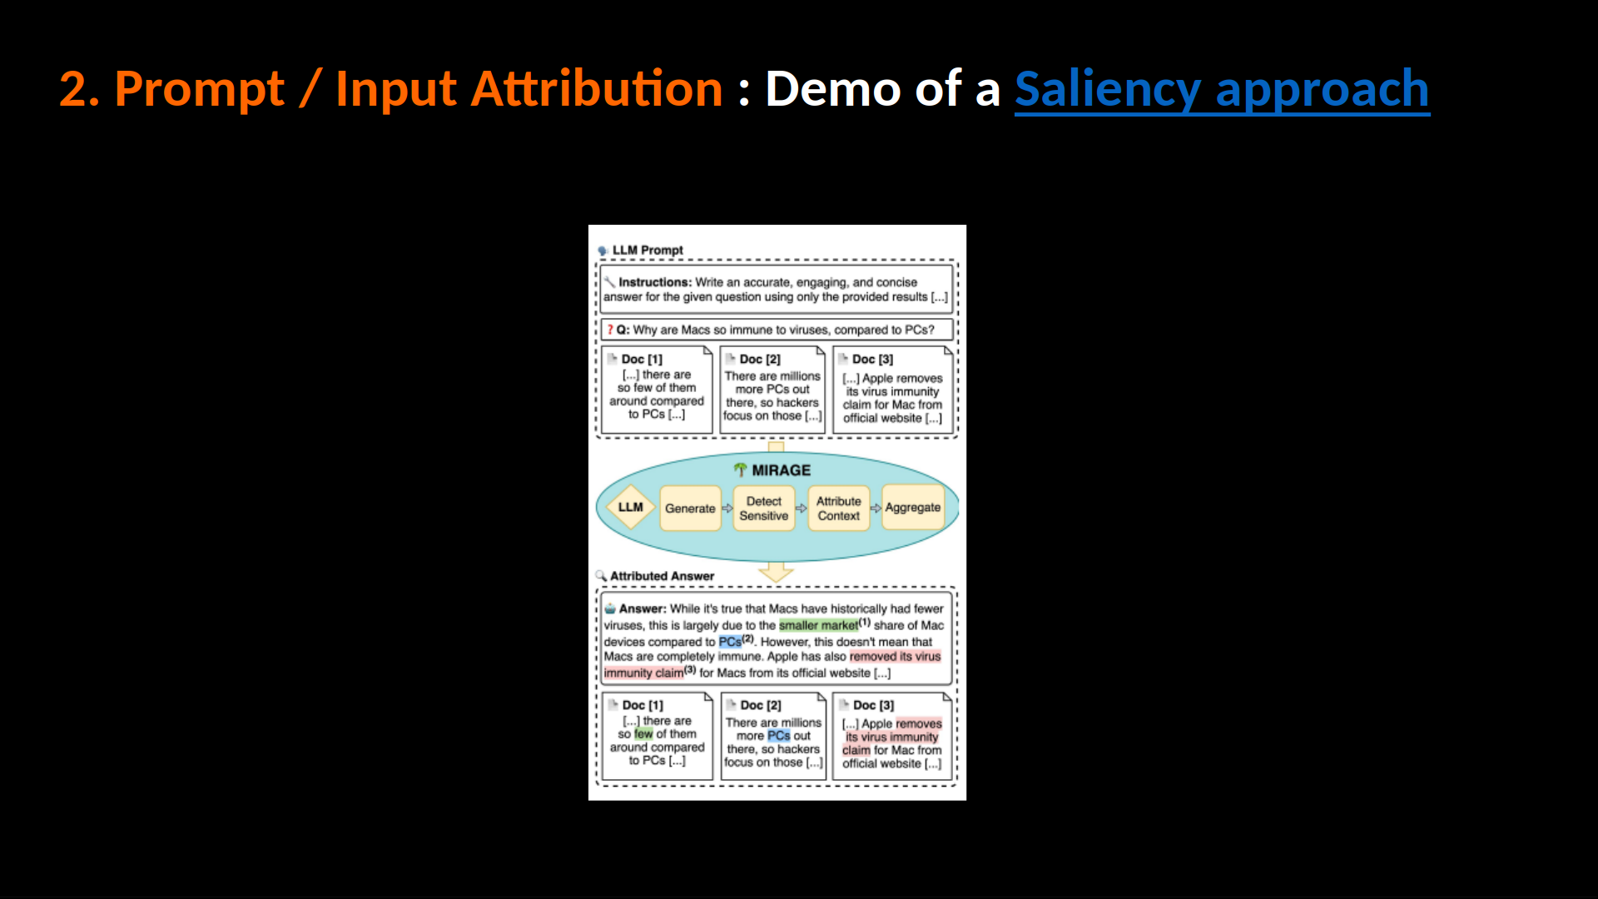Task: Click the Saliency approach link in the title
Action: click(x=1222, y=89)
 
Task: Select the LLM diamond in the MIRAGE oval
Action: click(x=631, y=507)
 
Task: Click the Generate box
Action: click(x=690, y=508)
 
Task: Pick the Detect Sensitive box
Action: click(x=764, y=508)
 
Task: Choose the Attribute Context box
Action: click(x=838, y=508)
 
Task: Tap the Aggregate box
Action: click(x=913, y=507)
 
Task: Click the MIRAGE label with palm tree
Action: click(x=772, y=470)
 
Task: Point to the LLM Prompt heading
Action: click(x=640, y=250)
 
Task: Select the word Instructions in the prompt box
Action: click(x=654, y=282)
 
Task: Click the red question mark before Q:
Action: click(x=610, y=330)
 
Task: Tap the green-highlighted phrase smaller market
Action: click(x=818, y=625)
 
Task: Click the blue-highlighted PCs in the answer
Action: click(x=730, y=642)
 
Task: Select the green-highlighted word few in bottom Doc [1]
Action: click(x=643, y=734)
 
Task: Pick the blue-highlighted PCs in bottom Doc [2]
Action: click(x=779, y=736)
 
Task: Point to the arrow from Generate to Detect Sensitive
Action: click(x=727, y=508)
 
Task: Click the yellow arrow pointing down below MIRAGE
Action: click(x=776, y=572)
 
